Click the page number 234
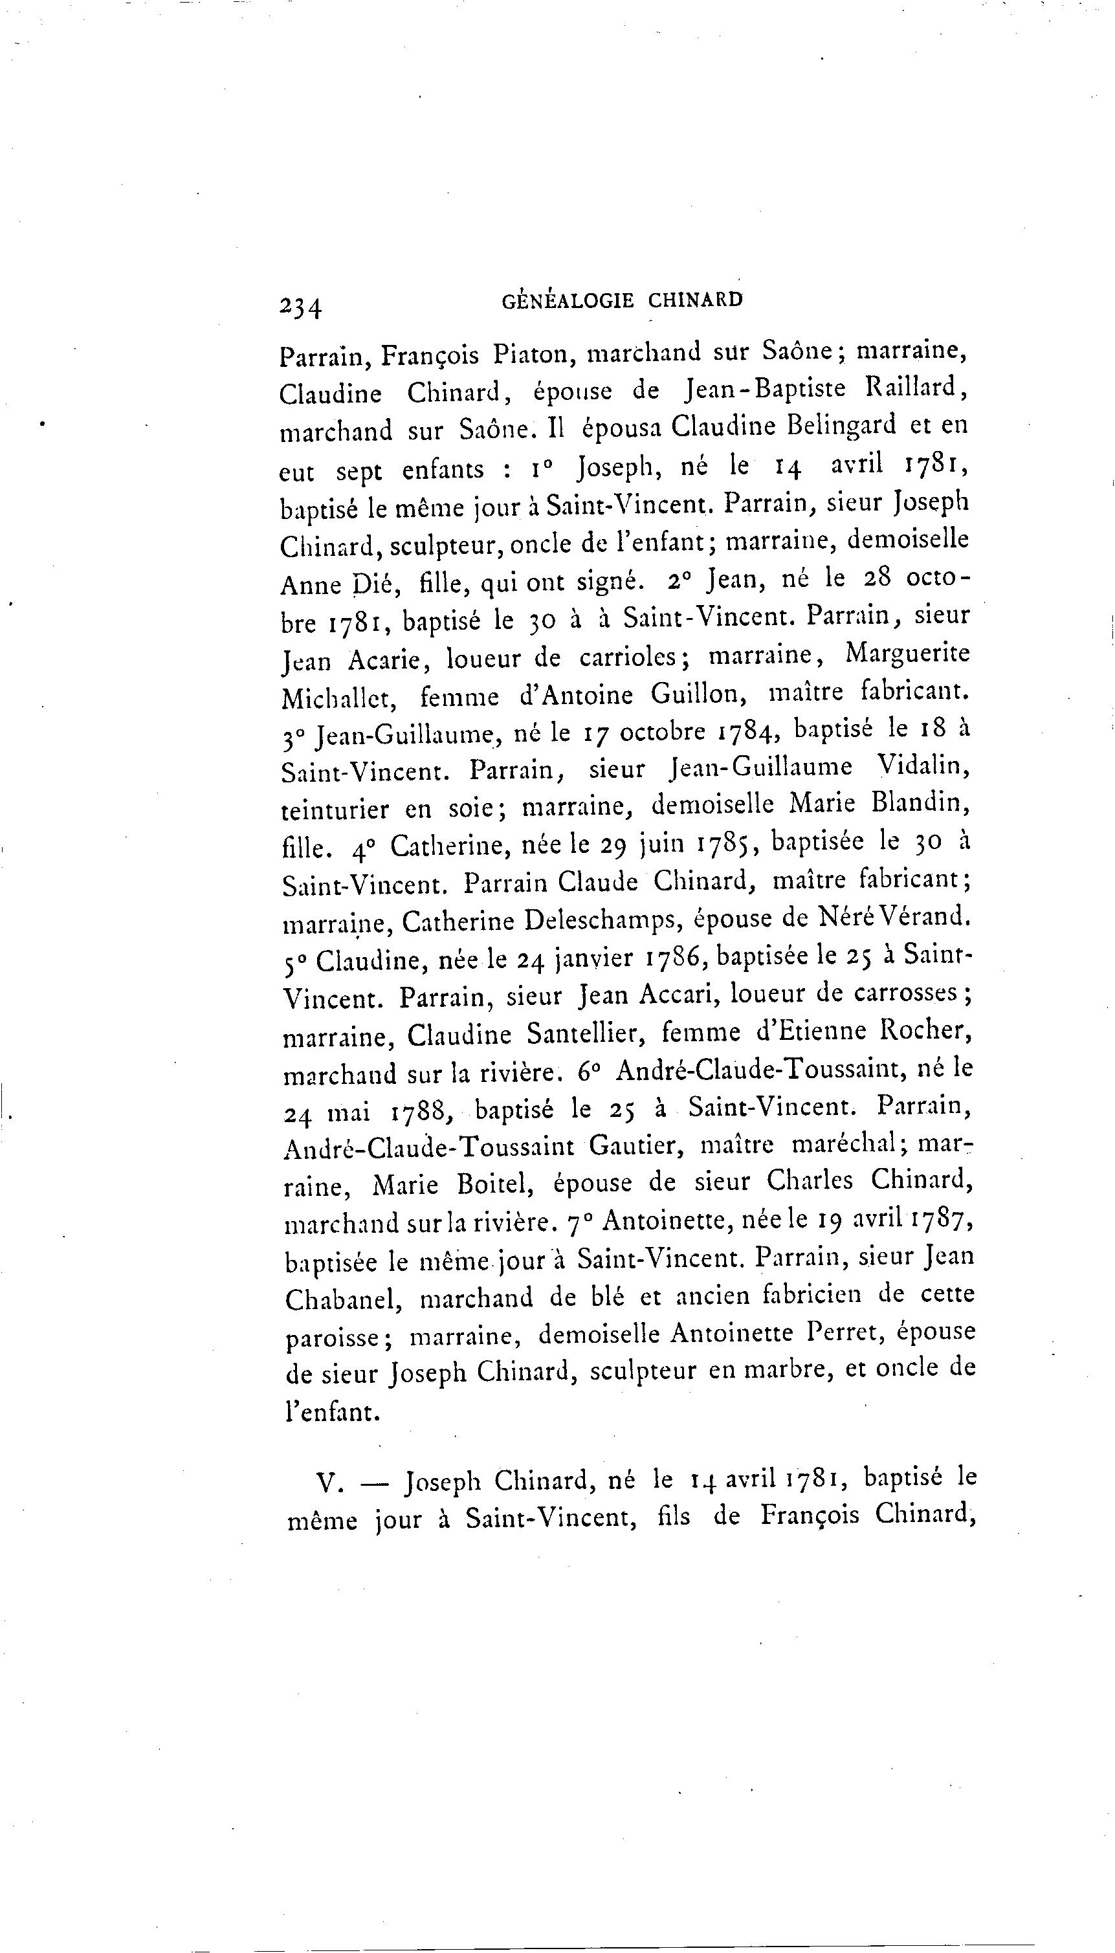[301, 306]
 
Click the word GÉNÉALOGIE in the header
[568, 300]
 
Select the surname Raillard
[916, 388]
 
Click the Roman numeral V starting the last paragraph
[327, 1483]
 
